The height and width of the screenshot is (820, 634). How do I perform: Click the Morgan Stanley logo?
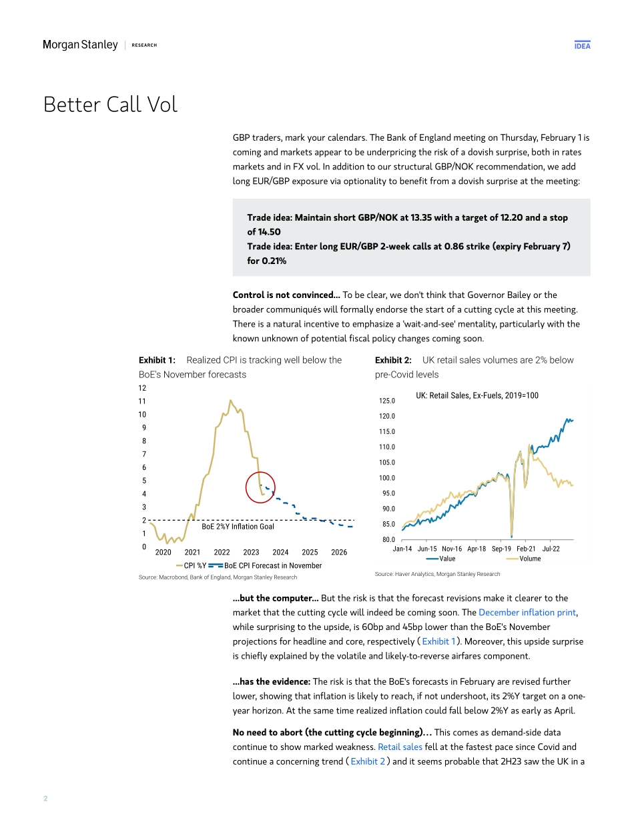(x=80, y=45)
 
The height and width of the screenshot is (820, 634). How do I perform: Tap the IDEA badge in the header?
(x=582, y=45)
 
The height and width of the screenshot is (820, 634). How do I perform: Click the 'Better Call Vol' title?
(x=110, y=105)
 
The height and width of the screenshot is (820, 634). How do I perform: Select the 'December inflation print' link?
(x=527, y=612)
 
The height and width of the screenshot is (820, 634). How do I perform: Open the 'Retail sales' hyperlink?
(x=400, y=747)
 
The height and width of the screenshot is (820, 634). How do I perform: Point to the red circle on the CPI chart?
(x=260, y=487)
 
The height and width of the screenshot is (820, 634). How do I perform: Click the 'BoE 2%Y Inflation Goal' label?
(x=238, y=527)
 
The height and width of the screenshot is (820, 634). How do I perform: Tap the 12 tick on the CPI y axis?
(x=142, y=388)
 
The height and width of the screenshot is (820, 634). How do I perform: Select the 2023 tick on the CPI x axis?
(x=251, y=552)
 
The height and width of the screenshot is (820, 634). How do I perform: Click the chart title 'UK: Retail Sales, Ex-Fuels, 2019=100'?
(x=477, y=395)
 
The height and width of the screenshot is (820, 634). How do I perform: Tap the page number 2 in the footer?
(x=45, y=798)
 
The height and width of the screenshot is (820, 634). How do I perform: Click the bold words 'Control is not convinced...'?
(x=286, y=295)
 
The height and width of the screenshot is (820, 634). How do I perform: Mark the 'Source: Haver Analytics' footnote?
(x=437, y=573)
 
